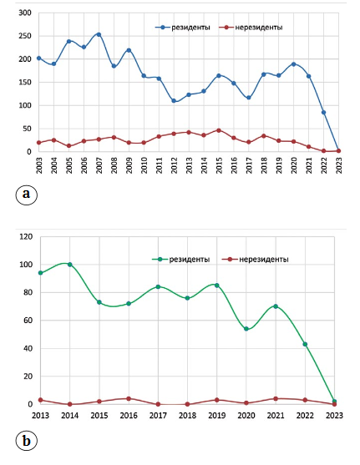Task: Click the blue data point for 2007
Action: click(x=99, y=34)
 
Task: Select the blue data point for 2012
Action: click(x=174, y=101)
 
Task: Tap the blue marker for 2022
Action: click(x=323, y=113)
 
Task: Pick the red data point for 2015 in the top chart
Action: click(x=219, y=130)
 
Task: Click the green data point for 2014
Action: click(x=69, y=265)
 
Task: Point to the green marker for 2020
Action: click(x=246, y=329)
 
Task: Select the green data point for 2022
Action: click(x=305, y=344)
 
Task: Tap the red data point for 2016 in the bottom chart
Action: click(x=129, y=398)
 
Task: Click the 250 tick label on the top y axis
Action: click(x=25, y=36)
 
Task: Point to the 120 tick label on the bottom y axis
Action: click(x=26, y=236)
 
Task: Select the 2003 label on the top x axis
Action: click(x=39, y=165)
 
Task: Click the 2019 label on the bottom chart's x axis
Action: click(x=216, y=416)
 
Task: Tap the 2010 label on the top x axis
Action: click(x=144, y=165)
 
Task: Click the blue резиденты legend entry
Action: click(x=183, y=28)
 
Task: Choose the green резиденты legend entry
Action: click(x=181, y=260)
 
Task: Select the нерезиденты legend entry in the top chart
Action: click(x=251, y=28)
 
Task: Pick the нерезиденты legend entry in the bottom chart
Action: click(x=256, y=260)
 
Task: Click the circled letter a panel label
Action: click(x=27, y=195)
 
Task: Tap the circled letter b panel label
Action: click(x=27, y=441)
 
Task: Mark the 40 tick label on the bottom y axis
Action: click(x=28, y=348)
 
